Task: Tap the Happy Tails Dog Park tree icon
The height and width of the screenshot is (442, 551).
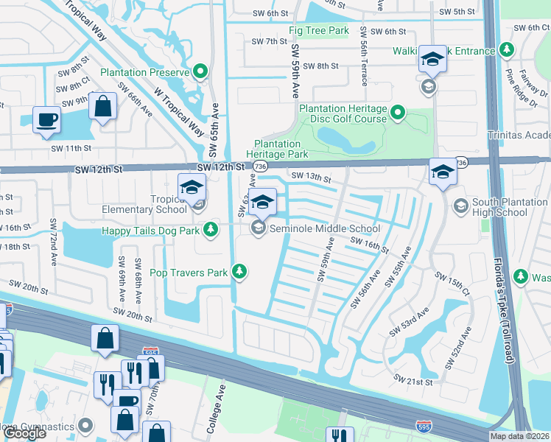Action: (211, 231)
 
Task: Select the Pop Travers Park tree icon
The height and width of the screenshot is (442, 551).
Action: (239, 273)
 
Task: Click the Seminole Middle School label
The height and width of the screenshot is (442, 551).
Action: (324, 229)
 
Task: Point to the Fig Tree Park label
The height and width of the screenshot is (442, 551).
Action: (318, 31)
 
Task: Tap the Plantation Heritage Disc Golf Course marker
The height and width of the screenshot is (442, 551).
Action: (398, 113)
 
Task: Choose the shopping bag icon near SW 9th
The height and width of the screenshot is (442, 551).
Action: (102, 106)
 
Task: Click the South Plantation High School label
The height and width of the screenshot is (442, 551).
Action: (500, 208)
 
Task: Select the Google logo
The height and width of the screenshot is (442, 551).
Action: (24, 433)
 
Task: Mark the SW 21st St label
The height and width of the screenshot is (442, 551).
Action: (413, 379)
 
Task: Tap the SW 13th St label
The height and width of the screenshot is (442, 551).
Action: (311, 176)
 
